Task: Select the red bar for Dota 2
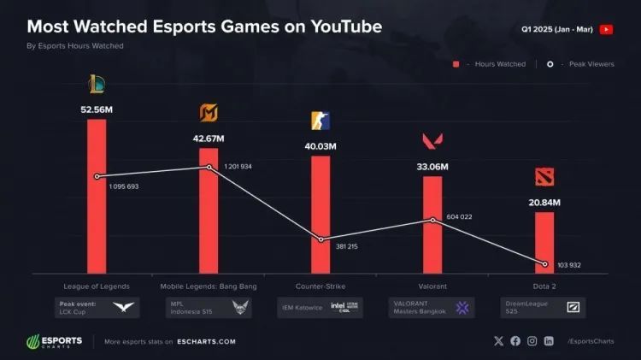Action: [x=544, y=243]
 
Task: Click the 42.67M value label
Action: [x=209, y=139]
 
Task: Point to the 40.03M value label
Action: [x=320, y=146]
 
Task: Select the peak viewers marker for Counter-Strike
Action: [x=321, y=239]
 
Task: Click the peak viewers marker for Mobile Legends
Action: [x=209, y=168]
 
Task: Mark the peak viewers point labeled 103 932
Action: [x=544, y=263]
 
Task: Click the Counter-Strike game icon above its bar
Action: [x=320, y=121]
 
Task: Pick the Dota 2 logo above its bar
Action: [x=544, y=177]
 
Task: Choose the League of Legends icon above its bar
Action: [x=97, y=84]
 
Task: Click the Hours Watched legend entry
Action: [x=487, y=64]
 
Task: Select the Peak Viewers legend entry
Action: [x=581, y=64]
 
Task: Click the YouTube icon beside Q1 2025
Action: [x=606, y=29]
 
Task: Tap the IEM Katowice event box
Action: [x=320, y=307]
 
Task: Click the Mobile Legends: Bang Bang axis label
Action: [x=209, y=286]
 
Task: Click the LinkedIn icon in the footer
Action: [x=549, y=341]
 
